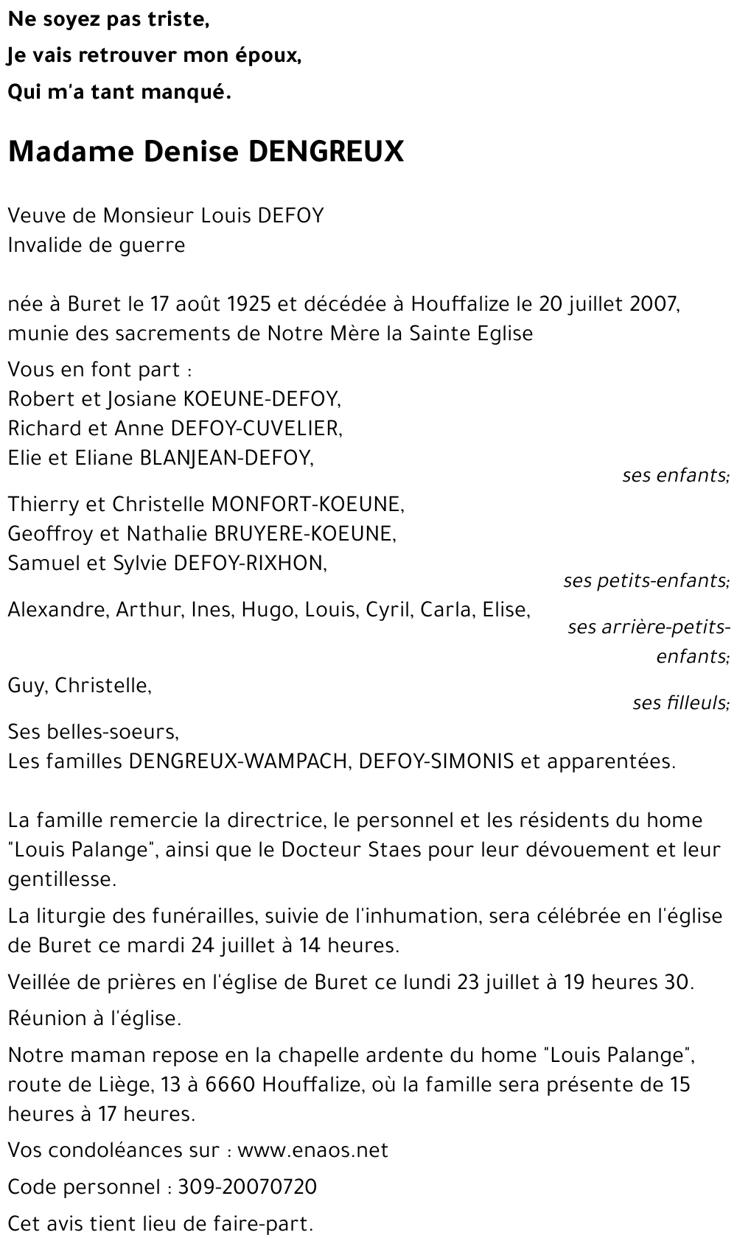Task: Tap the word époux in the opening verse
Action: [265, 56]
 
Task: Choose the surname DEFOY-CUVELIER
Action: [256, 428]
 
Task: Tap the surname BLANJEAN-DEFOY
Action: [226, 457]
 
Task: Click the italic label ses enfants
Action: [675, 475]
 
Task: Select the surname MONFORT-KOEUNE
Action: [307, 504]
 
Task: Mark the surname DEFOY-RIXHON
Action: [249, 563]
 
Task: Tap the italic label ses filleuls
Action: [680, 703]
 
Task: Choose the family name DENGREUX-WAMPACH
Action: [237, 761]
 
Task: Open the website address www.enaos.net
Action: [312, 1150]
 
